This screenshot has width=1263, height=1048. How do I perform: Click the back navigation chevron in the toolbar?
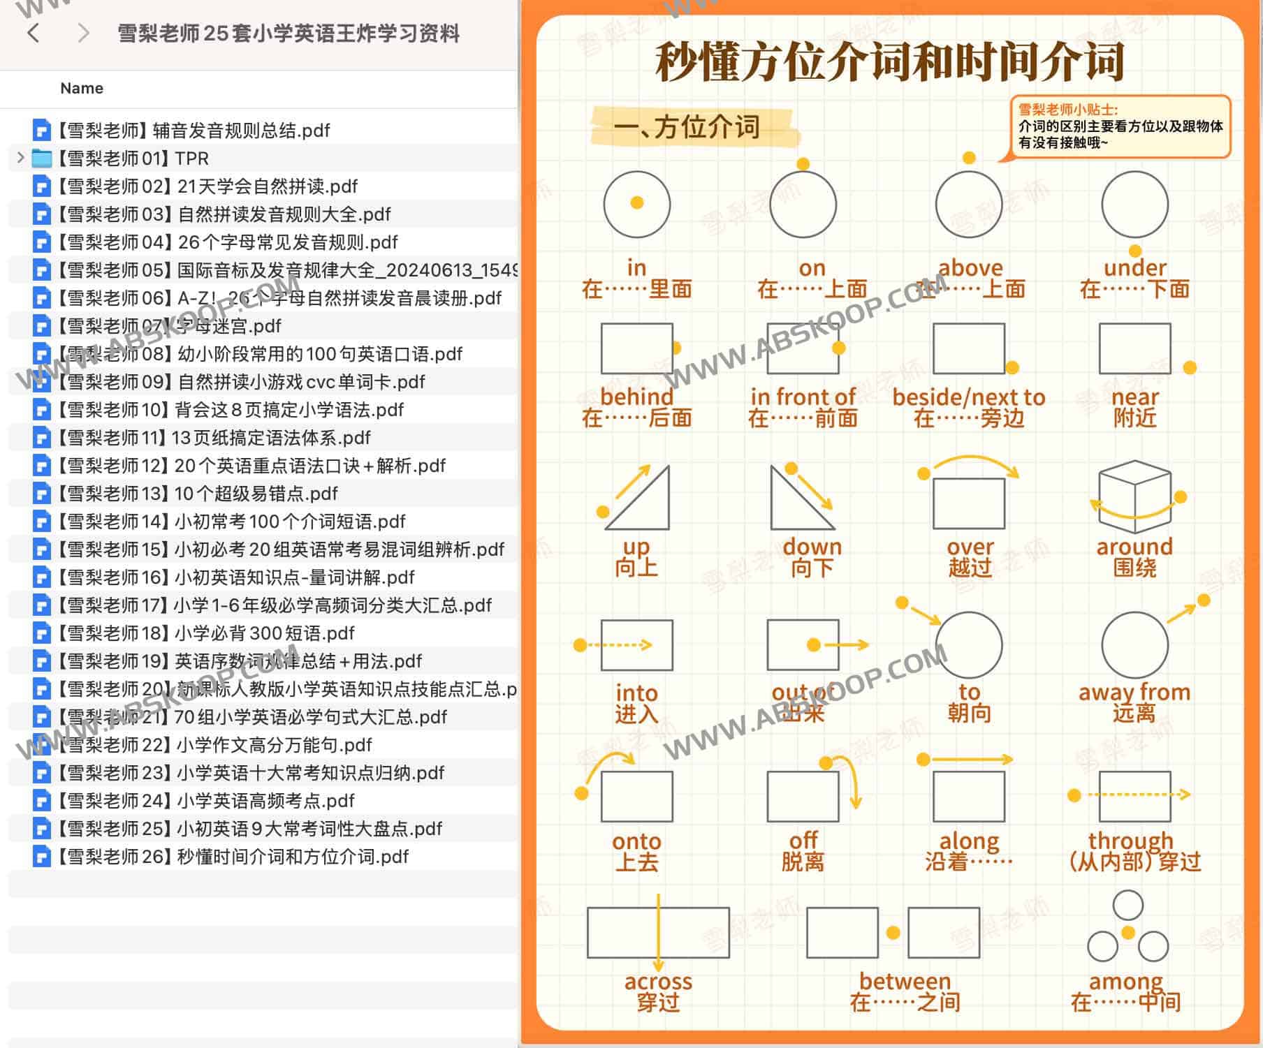33,33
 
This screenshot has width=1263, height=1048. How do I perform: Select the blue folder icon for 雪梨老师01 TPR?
42,158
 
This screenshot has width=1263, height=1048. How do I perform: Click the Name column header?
82,88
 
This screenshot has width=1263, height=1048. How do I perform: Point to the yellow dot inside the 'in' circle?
636,202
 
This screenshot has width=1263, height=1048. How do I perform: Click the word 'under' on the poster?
1134,267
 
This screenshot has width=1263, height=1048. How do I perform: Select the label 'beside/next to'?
968,397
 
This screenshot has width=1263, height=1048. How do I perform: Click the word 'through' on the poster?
1130,841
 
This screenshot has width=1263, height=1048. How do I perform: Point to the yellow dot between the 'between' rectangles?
893,933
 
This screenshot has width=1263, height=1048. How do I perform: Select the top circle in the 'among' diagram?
1127,905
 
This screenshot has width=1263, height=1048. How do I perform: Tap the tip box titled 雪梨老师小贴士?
1120,126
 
